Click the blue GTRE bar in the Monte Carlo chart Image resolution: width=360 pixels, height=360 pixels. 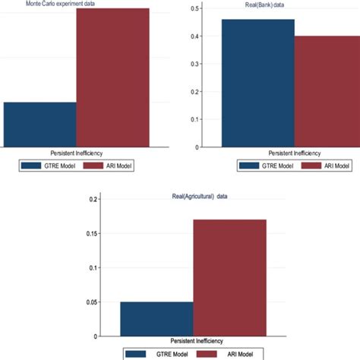[39, 125]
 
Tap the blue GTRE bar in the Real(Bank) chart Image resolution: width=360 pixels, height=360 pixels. [257, 84]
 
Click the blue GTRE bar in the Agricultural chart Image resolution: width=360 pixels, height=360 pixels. [156, 319]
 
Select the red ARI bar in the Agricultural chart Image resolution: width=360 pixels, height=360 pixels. [229, 278]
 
